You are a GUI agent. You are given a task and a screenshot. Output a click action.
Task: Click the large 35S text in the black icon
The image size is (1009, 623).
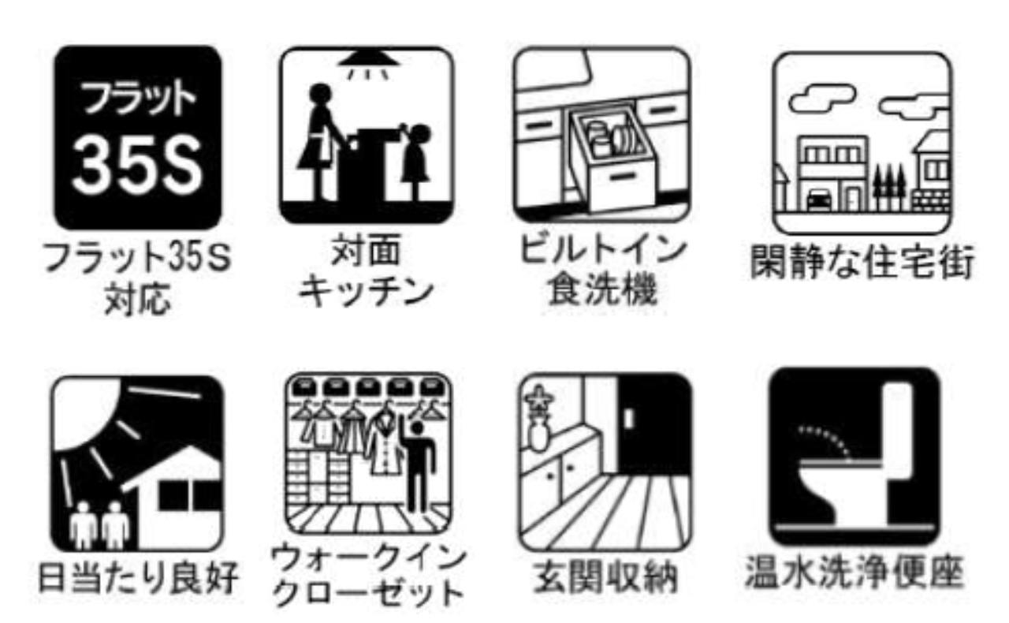[x=137, y=166]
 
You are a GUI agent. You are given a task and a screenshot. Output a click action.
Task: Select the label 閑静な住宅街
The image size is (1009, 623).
[x=862, y=261]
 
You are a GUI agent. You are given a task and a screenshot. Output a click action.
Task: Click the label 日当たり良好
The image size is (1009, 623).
[x=137, y=577]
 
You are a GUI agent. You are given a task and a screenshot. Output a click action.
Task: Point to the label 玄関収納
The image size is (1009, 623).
[x=605, y=577]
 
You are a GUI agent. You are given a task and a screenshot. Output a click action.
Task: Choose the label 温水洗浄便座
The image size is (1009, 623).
[x=854, y=572]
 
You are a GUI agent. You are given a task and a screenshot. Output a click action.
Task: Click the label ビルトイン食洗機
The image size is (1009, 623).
[x=602, y=270]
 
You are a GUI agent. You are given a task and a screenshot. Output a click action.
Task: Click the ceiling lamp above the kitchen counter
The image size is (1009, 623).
[x=368, y=62]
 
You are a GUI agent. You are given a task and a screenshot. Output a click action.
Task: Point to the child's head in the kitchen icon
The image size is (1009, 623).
[x=421, y=134]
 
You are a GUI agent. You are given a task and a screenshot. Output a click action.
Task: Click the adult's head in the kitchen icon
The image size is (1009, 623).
[x=320, y=93]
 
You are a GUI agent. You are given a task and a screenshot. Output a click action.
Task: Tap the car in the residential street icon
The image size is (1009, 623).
[x=819, y=199]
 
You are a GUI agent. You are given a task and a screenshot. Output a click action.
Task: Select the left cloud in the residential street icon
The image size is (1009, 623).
[x=822, y=98]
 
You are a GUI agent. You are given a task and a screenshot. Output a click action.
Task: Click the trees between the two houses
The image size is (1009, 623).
[x=888, y=185]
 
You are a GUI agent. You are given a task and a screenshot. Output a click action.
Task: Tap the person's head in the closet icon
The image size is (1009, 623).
[x=418, y=427]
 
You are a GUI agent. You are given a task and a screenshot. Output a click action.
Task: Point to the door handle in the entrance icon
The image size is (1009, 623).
[x=629, y=419]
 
